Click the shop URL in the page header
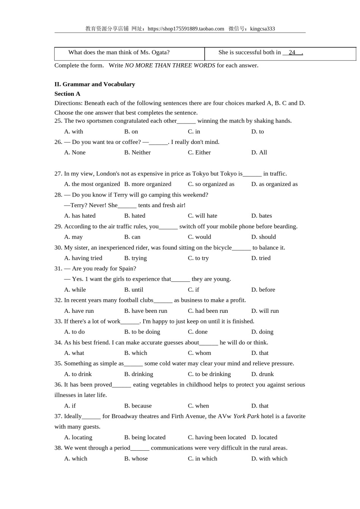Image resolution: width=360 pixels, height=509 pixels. (x=186, y=29)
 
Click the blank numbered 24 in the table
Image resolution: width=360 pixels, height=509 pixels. (x=292, y=53)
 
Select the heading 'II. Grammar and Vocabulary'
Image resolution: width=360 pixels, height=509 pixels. (x=95, y=84)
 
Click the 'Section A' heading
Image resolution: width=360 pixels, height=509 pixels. (x=67, y=94)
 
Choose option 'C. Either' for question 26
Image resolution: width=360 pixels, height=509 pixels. (x=199, y=152)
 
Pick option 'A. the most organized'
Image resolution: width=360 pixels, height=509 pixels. (x=92, y=184)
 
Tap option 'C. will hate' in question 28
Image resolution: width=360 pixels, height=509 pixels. (x=203, y=215)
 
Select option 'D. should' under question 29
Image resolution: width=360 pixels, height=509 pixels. (x=264, y=237)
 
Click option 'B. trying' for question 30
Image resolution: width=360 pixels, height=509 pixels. (x=136, y=258)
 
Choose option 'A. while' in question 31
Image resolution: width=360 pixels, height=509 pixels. (x=75, y=289)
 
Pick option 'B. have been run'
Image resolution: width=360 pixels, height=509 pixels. (x=146, y=311)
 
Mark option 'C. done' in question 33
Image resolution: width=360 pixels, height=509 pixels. (x=198, y=332)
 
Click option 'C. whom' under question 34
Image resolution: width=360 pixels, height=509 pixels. (x=200, y=353)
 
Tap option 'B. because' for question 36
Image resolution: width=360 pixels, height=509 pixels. (x=138, y=406)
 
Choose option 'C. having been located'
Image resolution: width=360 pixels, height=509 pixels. (x=217, y=437)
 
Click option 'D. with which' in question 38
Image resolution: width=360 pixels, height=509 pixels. (x=269, y=458)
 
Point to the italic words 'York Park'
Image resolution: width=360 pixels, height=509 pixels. (x=246, y=416)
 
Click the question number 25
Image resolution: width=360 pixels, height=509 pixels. (x=58, y=121)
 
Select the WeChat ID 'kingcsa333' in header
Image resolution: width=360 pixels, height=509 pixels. (x=263, y=29)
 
